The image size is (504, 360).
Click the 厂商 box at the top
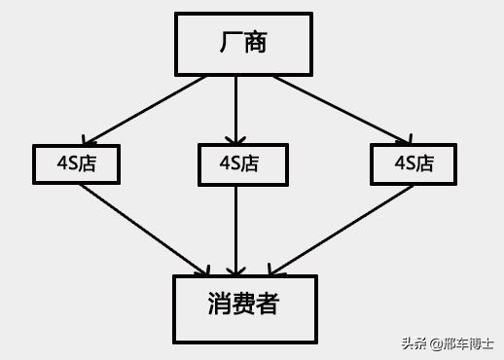(243, 44)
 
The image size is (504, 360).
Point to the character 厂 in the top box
(229, 43)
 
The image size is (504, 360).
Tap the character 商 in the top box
(255, 43)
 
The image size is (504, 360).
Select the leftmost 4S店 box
(76, 163)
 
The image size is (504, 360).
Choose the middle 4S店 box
(243, 164)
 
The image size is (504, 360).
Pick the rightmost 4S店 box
(414, 163)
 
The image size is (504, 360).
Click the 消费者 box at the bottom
(245, 308)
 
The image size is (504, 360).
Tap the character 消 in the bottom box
(218, 305)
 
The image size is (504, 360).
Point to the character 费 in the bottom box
(243, 305)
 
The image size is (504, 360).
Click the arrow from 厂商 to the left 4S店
(146, 109)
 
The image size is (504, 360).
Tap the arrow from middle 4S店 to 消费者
(236, 230)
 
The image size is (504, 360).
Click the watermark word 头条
(414, 343)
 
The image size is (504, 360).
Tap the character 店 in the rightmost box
(425, 163)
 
